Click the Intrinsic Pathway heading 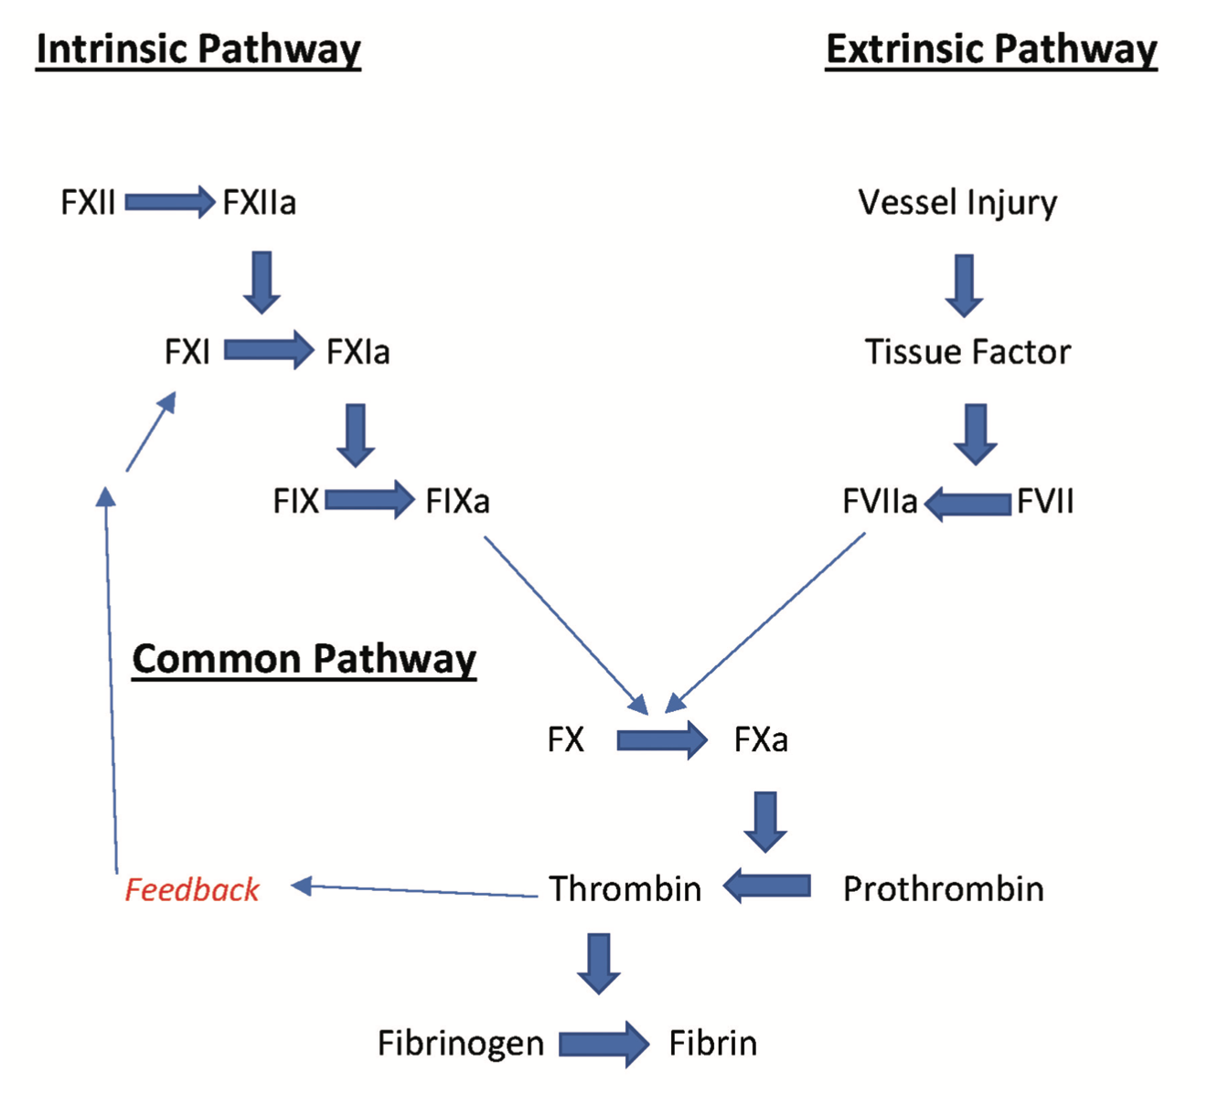(x=198, y=49)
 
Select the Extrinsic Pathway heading (x=991, y=49)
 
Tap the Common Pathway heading (x=304, y=659)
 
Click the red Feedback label (x=192, y=889)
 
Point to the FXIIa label (x=260, y=202)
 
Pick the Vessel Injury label (x=957, y=202)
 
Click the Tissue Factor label (x=967, y=352)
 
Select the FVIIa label (x=880, y=502)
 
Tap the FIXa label (x=457, y=502)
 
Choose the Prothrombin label (x=943, y=889)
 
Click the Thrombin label (x=625, y=889)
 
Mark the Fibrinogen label (x=460, y=1043)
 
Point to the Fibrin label (x=712, y=1043)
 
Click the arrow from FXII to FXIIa (x=170, y=202)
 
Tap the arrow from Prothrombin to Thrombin (x=767, y=886)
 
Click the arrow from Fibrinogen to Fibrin (x=603, y=1043)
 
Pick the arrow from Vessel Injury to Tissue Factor (x=964, y=285)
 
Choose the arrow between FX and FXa (x=661, y=739)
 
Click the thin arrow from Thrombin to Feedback (x=415, y=890)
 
